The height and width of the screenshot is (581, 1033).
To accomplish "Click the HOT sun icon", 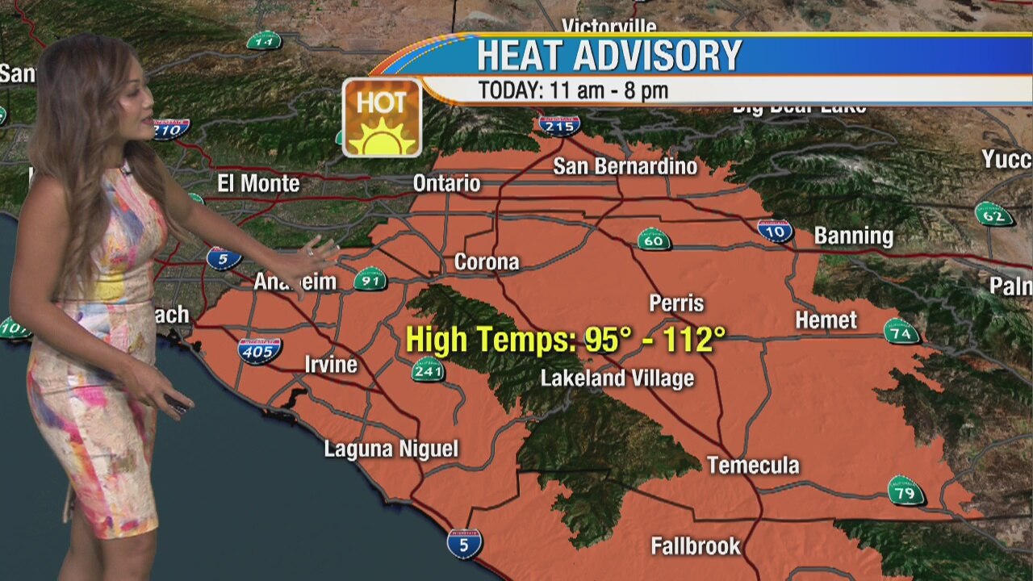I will click(x=382, y=117).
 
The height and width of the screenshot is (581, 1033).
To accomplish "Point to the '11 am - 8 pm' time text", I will click(x=609, y=90).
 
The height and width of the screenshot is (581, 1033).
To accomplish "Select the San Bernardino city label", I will click(x=625, y=166).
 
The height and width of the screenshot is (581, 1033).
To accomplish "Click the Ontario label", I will click(x=446, y=183).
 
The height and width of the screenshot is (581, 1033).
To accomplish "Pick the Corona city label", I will click(x=486, y=262).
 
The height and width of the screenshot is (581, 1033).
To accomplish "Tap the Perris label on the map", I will click(x=676, y=303).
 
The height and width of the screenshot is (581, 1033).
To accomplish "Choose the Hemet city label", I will click(x=826, y=320).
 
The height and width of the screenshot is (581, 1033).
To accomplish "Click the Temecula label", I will click(x=753, y=465).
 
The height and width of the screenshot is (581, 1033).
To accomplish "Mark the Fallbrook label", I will click(x=695, y=546).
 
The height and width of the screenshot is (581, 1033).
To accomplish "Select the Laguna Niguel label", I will click(x=391, y=449).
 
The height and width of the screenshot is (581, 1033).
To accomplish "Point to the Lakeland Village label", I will click(x=617, y=378).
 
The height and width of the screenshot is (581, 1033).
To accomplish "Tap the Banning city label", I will click(x=853, y=236).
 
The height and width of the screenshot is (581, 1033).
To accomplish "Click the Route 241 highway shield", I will click(x=428, y=370).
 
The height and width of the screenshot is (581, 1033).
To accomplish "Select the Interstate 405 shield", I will click(x=259, y=350).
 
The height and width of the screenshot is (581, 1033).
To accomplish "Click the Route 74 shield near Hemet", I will click(x=901, y=331).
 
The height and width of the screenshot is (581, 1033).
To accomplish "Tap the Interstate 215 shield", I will click(x=559, y=125).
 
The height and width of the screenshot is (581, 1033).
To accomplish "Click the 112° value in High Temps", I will click(x=688, y=340).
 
